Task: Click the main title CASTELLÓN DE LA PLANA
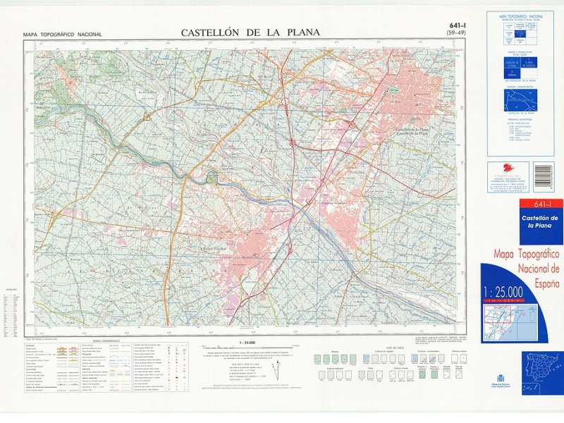coord(250,32)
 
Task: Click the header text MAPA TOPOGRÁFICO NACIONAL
coord(62,35)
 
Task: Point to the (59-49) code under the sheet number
coord(456,33)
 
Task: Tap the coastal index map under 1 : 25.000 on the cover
coord(509,323)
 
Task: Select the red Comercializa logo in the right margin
coord(509,171)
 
